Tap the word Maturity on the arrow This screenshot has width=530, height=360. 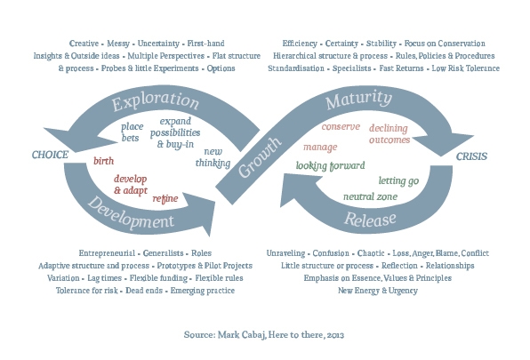(358, 100)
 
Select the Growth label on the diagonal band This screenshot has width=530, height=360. (260, 157)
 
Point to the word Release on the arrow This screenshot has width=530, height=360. (370, 220)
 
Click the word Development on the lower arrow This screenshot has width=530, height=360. (131, 214)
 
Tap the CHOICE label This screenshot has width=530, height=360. (50, 155)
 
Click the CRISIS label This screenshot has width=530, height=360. (471, 156)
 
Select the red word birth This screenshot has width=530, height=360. (104, 161)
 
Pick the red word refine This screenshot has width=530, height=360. (165, 198)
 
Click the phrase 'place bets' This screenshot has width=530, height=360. (132, 132)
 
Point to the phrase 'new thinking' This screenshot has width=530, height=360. (213, 157)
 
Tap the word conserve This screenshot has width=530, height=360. (341, 126)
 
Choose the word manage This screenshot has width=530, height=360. (320, 148)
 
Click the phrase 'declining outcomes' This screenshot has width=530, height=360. (389, 134)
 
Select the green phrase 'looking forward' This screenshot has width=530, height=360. (330, 165)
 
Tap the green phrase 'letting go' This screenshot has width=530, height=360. (398, 181)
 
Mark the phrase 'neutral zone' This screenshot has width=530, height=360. (370, 196)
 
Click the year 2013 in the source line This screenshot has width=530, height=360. (335, 335)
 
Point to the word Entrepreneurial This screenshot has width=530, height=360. (107, 253)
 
